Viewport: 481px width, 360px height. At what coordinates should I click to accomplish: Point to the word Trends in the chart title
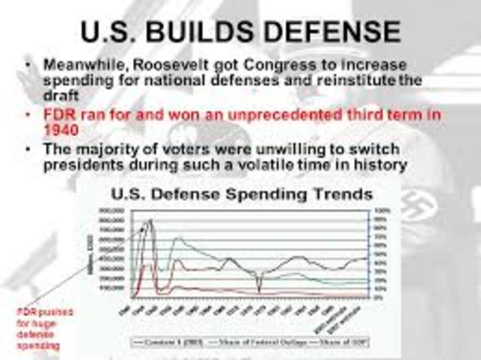337,194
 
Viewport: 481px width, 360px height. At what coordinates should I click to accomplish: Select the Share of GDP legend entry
346,341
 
